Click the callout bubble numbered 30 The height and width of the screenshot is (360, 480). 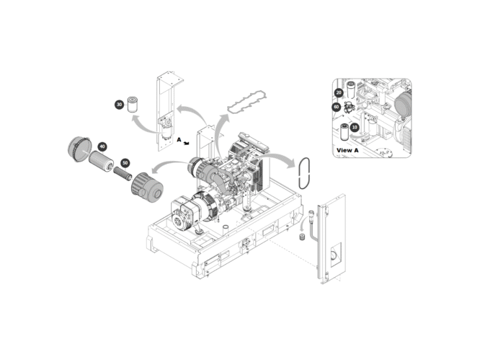pos(119,105)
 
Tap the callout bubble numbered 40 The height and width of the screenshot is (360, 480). pos(102,146)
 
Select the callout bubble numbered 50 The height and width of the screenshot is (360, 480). pos(125,163)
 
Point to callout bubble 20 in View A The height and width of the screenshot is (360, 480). pos(339,92)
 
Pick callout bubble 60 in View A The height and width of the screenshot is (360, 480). pos(337,107)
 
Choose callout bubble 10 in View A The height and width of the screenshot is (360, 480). pos(355,127)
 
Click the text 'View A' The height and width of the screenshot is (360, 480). pos(347,151)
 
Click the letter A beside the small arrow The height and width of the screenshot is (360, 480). pos(179,140)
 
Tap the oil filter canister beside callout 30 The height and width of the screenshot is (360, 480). pos(133,105)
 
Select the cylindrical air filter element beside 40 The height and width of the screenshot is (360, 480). pos(101,161)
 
